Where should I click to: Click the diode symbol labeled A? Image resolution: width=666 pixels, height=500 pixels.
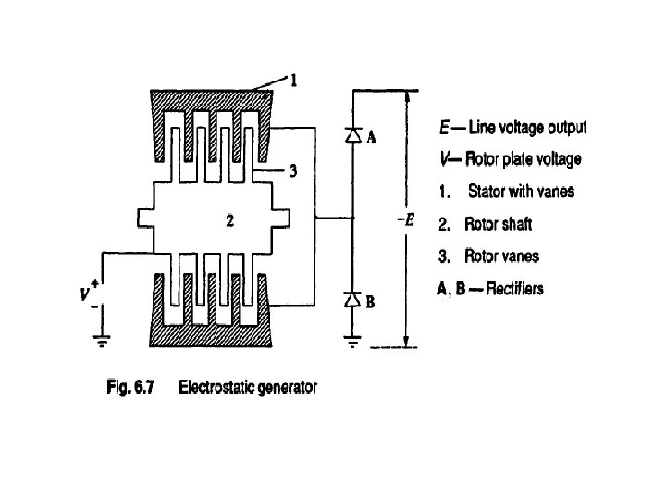click(352, 135)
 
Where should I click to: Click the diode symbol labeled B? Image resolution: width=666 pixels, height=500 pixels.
click(352, 299)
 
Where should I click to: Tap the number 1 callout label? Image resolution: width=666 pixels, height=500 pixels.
click(293, 81)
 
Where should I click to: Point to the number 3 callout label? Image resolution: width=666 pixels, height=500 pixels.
click(292, 172)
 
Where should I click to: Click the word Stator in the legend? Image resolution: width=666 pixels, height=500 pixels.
click(487, 192)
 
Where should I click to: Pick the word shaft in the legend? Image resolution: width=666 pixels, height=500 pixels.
click(515, 224)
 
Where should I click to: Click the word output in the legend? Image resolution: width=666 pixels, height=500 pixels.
click(564, 127)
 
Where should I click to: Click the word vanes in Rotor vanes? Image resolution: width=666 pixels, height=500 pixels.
click(519, 256)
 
